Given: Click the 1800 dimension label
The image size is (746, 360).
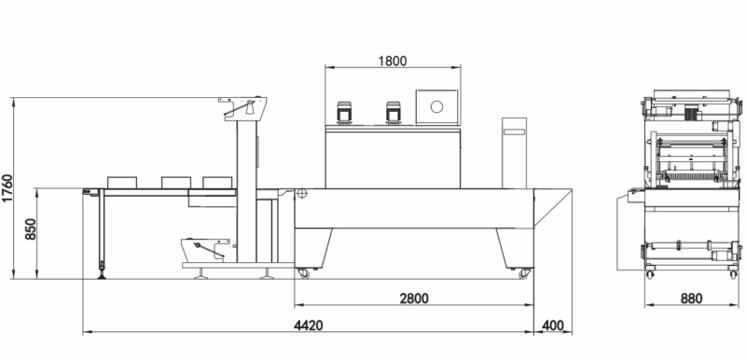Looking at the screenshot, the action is (393, 62).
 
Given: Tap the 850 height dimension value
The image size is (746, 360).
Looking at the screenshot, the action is (31, 228).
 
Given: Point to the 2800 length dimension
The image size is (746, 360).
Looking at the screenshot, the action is (414, 298).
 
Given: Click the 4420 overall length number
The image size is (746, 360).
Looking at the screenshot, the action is (309, 325).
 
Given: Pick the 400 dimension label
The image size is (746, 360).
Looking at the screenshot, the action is (553, 325).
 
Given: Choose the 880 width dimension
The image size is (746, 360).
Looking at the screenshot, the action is (691, 298).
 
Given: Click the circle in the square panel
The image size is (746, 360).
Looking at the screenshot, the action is (436, 106).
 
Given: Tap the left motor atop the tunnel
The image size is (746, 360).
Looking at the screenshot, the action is (343, 113).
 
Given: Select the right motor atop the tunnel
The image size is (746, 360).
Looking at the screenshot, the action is (393, 113).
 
